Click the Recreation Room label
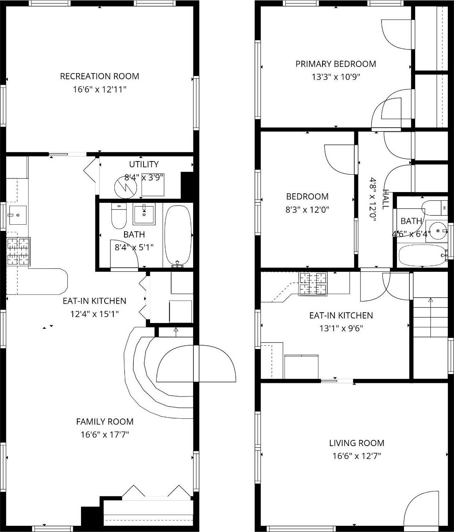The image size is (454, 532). pyautogui.click(x=99, y=76)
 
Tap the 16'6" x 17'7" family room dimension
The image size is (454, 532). pyautogui.click(x=105, y=435)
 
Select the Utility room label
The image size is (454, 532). pyautogui.click(x=143, y=164)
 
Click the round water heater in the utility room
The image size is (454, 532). pyautogui.click(x=125, y=186)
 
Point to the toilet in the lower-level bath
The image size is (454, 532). pyautogui.click(x=119, y=217)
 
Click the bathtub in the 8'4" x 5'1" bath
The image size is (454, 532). pyautogui.click(x=178, y=235)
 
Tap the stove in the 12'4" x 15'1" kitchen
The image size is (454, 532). pyautogui.click(x=18, y=251)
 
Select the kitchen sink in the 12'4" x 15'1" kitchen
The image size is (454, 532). pyautogui.click(x=17, y=215)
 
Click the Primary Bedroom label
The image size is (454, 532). pyautogui.click(x=335, y=64)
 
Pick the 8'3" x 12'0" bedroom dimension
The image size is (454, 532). pyautogui.click(x=307, y=209)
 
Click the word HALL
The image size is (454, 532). pyautogui.click(x=386, y=199)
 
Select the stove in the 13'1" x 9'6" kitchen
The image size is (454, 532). pyautogui.click(x=313, y=284)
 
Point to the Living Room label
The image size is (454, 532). pyautogui.click(x=356, y=443)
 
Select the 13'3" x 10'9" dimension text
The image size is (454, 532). pyautogui.click(x=335, y=77)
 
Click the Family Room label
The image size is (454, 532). pyautogui.click(x=105, y=421)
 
